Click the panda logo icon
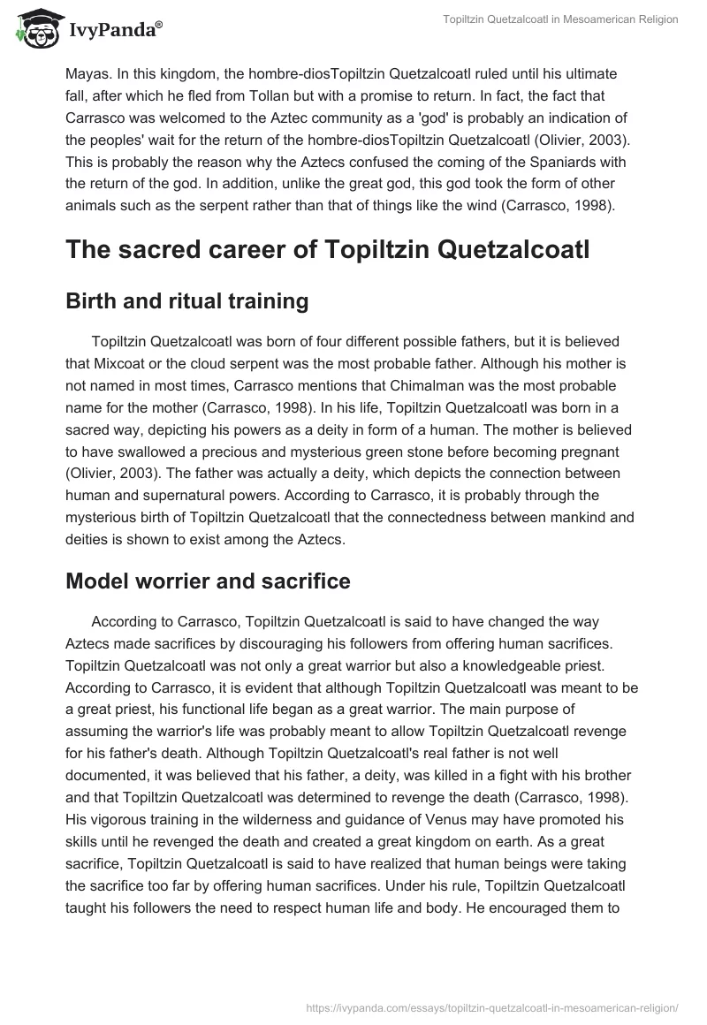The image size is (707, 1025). coord(33,28)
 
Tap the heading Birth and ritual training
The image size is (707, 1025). coord(186,301)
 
